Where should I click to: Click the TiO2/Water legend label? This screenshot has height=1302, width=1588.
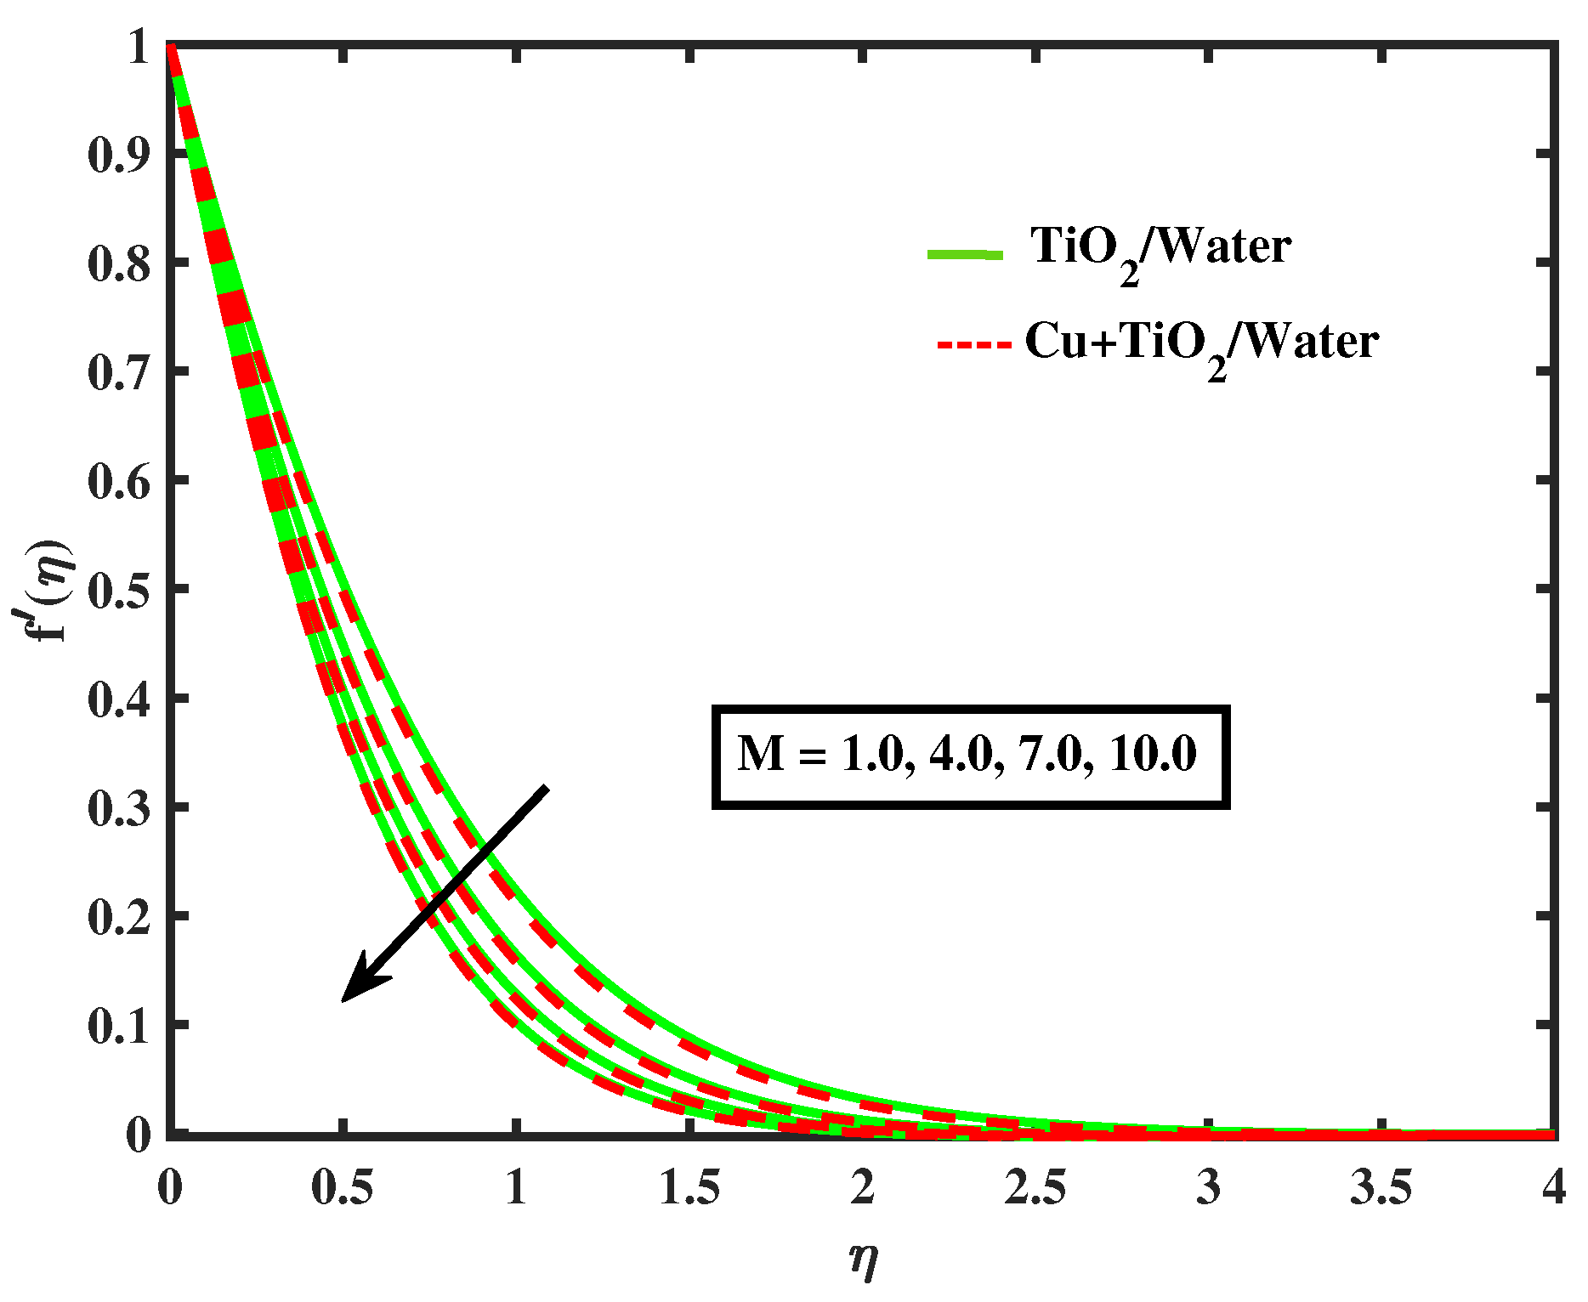[1160, 249]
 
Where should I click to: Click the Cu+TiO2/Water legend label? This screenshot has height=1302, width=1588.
[1201, 344]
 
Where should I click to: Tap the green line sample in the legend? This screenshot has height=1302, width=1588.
[965, 254]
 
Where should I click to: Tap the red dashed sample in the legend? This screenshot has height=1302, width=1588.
[974, 345]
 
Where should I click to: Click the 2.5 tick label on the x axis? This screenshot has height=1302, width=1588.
[1035, 1187]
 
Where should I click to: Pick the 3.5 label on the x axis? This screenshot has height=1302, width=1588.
[1381, 1187]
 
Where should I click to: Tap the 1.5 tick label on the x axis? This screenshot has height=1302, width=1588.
[689, 1187]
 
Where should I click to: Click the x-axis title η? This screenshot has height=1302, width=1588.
[863, 1259]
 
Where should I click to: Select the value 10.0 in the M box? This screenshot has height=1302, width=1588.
[1153, 754]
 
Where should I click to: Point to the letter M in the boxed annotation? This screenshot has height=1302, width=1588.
[761, 754]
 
